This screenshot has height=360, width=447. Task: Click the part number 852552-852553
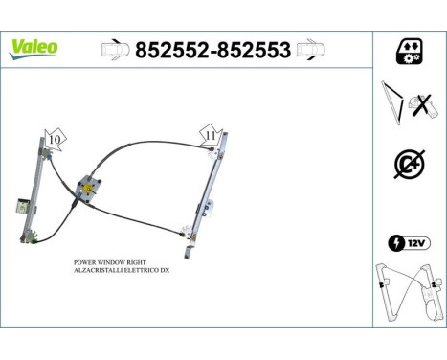pos(213,49)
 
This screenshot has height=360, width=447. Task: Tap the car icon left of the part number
pos(113,49)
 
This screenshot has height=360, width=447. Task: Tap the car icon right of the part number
pos(311,49)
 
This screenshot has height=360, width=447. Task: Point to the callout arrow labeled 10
pos(55,139)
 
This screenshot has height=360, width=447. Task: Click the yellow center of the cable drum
pos(89,189)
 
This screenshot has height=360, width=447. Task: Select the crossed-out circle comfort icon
pos(409,164)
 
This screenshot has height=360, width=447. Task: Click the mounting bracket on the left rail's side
pos(21,204)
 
